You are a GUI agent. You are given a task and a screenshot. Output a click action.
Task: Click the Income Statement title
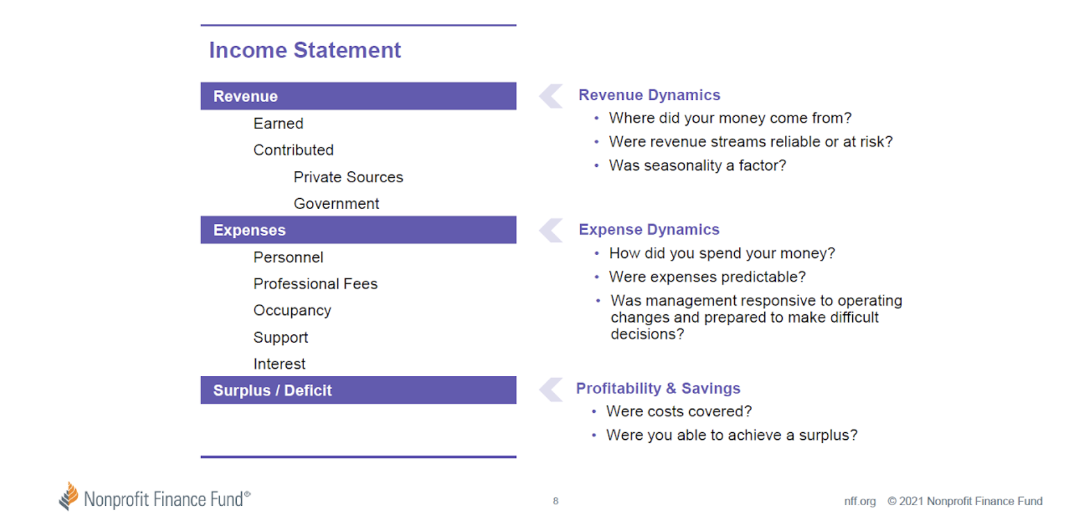coord(305,50)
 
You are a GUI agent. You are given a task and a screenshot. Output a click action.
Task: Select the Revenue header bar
coord(358,96)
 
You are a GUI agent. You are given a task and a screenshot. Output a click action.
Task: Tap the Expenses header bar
coord(358,230)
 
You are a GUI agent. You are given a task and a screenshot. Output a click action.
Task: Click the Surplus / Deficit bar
coord(358,390)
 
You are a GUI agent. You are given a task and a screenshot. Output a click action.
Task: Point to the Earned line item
coord(278,124)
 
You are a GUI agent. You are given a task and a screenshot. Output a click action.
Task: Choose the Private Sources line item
coord(348,177)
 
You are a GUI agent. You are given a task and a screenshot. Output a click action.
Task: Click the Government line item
coord(336,204)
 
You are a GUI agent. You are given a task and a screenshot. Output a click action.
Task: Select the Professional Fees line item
coord(315,284)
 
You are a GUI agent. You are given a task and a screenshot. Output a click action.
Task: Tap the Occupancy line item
coord(292,311)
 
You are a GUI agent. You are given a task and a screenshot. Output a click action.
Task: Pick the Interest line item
coord(279,364)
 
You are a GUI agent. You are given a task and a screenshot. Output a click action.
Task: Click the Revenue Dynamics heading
coord(649,95)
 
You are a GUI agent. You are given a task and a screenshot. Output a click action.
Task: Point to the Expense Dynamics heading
coord(649,230)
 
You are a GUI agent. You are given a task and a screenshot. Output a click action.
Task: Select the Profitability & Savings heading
coord(658,388)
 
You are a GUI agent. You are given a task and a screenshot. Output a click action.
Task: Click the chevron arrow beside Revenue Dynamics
coord(551,96)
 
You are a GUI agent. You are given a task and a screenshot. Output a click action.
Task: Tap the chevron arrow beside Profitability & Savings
coord(551,390)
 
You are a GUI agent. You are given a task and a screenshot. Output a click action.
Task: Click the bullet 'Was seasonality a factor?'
coord(697,166)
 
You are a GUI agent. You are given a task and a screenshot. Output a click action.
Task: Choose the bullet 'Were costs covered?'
coord(679,412)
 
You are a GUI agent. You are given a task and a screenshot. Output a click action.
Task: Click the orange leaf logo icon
coord(69,496)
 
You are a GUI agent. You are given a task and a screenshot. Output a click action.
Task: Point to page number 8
coord(556,501)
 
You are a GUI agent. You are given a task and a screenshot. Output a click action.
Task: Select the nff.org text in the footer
coord(860,501)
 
